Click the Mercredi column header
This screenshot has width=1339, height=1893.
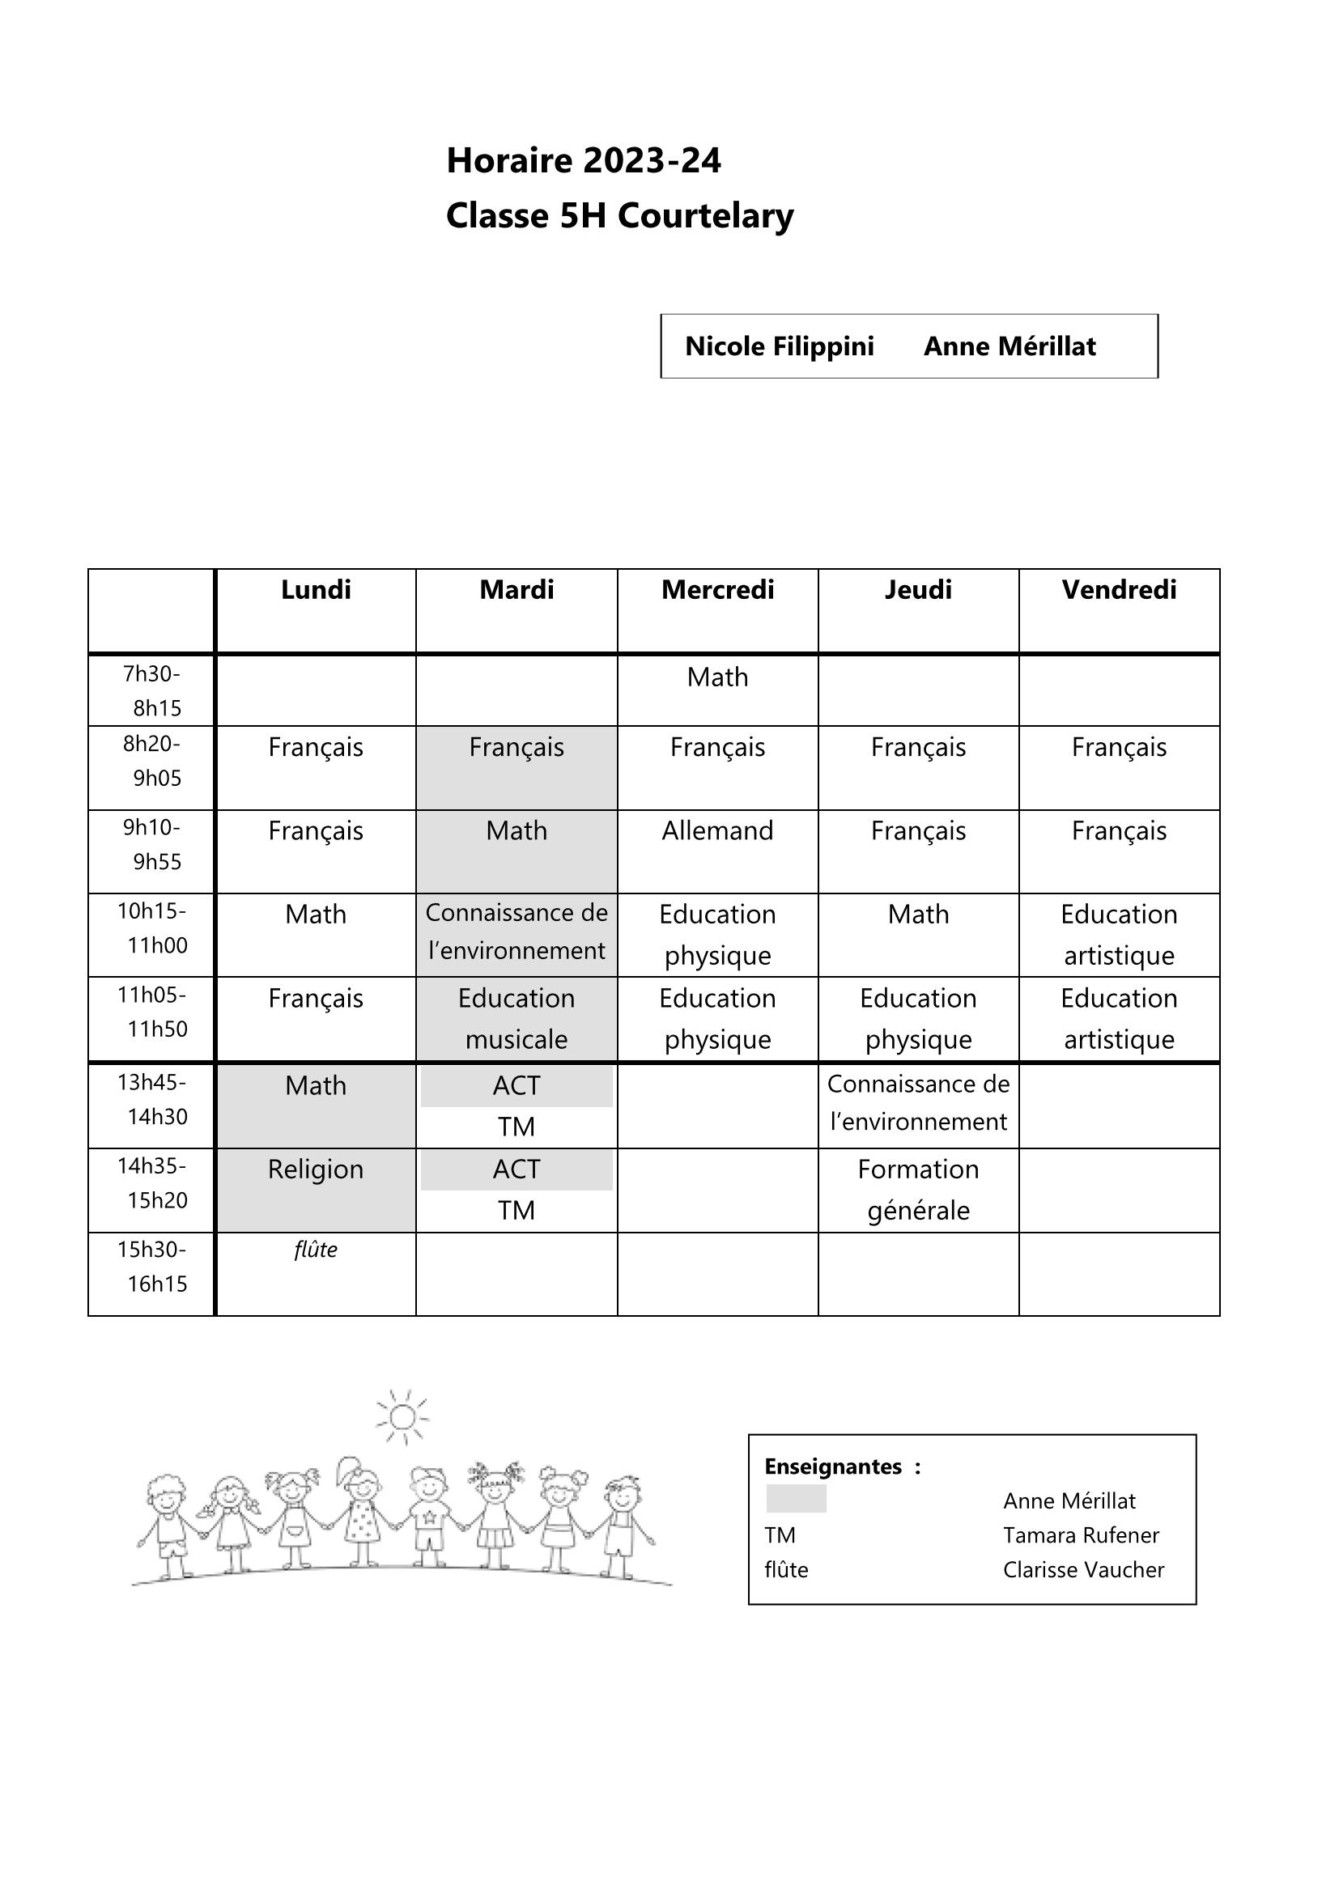717,589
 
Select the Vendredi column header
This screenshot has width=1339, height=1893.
1119,589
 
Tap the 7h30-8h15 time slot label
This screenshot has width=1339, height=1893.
151,691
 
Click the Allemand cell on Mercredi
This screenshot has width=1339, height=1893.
717,830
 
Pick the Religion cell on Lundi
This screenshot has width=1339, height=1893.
316,1169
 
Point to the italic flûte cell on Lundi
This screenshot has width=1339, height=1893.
316,1250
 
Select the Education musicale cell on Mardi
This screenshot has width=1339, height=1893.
516,1018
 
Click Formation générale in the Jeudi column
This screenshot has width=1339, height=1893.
918,1190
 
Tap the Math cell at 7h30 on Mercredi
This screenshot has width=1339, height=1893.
717,677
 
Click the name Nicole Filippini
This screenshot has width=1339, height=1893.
779,346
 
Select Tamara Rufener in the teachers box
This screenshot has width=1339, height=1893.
1081,1535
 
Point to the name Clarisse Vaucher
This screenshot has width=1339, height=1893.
1083,1570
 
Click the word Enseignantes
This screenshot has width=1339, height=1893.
833,1466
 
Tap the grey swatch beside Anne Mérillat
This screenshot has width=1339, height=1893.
796,1500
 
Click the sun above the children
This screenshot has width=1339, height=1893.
402,1416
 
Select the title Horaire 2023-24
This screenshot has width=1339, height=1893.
583,160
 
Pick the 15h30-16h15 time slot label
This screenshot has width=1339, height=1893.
151,1267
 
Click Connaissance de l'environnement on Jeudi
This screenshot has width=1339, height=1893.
918,1102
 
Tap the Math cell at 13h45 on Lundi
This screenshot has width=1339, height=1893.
316,1086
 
